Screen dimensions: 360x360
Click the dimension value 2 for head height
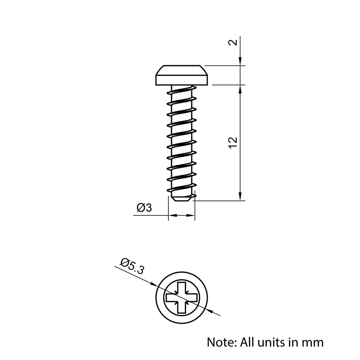[234, 42]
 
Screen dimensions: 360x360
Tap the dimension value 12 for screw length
[234, 142]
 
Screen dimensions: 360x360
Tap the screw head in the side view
[181, 76]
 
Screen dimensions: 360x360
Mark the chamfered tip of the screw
[182, 198]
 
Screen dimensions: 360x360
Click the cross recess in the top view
[181, 298]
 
